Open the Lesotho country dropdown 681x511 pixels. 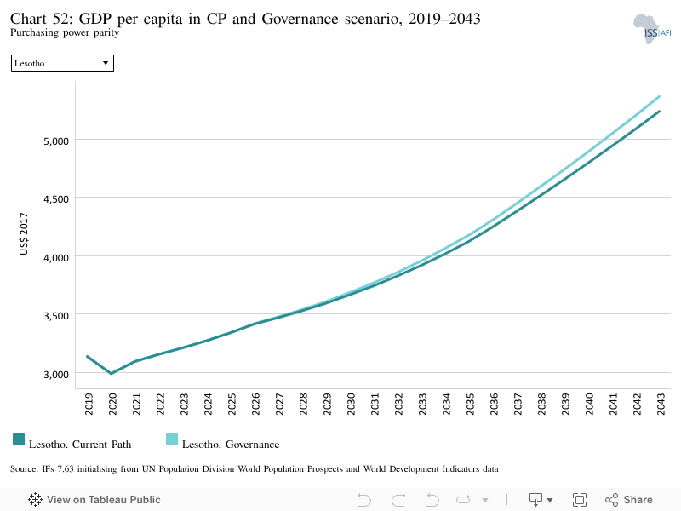click(x=62, y=63)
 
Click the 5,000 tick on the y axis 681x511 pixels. click(x=56, y=141)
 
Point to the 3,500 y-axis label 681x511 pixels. click(x=56, y=316)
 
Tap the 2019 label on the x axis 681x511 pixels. click(x=89, y=404)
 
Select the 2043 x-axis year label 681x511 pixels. click(x=661, y=404)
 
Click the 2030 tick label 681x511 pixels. click(x=351, y=404)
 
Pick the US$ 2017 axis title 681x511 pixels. click(x=24, y=233)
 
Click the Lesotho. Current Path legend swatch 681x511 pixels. click(x=19, y=439)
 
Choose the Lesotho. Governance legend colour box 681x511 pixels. click(x=172, y=439)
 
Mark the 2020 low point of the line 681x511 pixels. click(x=112, y=373)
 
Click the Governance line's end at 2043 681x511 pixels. click(x=659, y=96)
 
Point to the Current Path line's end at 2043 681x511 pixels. click(x=659, y=112)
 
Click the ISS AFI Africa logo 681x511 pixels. click(x=651, y=29)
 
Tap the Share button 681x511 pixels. click(x=629, y=500)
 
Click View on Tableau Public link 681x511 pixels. click(x=94, y=500)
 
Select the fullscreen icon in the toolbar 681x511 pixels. click(x=580, y=500)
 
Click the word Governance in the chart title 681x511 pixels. click(x=300, y=19)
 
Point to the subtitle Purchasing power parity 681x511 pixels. click(x=65, y=32)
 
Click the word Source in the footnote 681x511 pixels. click(x=25, y=469)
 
